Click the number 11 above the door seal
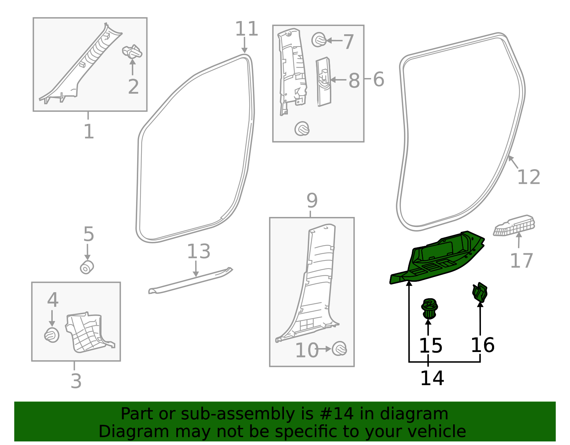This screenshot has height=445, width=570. pos(246,29)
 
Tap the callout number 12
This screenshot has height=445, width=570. pos(528,177)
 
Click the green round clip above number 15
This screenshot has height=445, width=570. pos(429,309)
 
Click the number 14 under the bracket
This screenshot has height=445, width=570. pos(432,378)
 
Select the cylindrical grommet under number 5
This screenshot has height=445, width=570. pos(87,267)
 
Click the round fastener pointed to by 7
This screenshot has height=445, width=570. pos(318,40)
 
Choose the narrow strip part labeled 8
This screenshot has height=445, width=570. pos(323,82)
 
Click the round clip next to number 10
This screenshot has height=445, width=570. pos(339,348)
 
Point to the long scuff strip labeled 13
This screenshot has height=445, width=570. pos(191,281)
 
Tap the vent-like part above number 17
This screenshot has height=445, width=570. pos(514,225)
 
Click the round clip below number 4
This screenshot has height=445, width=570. pos(52,335)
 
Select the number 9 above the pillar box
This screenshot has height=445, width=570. pos(312,201)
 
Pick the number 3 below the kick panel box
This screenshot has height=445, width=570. pos(76,381)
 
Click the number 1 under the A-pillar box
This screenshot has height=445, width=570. pos(88,132)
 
